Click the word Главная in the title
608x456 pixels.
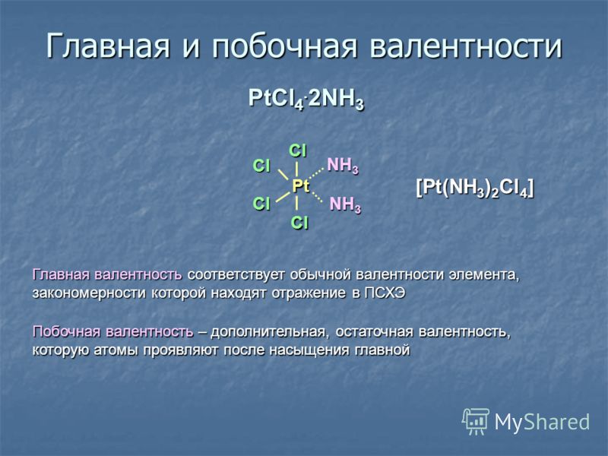tap(108, 46)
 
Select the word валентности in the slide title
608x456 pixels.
tap(466, 46)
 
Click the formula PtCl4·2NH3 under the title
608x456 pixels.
tap(306, 100)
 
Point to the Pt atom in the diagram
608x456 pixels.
tap(300, 186)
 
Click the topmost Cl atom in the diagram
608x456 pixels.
tap(298, 150)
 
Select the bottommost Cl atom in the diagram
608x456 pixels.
tap(299, 223)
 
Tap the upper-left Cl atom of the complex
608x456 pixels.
tap(261, 166)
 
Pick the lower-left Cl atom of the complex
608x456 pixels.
tap(261, 204)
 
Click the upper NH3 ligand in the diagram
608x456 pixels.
tap(343, 166)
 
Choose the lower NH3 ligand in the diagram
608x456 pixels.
tap(345, 204)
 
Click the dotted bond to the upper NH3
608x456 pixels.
tap(316, 173)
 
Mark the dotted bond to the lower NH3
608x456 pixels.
tap(317, 197)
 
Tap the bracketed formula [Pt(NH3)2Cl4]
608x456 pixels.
tap(474, 188)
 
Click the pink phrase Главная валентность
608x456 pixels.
tap(107, 274)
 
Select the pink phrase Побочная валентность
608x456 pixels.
tap(112, 332)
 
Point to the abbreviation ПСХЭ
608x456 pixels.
tap(385, 293)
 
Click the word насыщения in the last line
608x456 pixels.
tap(310, 350)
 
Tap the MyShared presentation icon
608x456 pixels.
tap(476, 421)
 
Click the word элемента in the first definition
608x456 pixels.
tap(484, 275)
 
